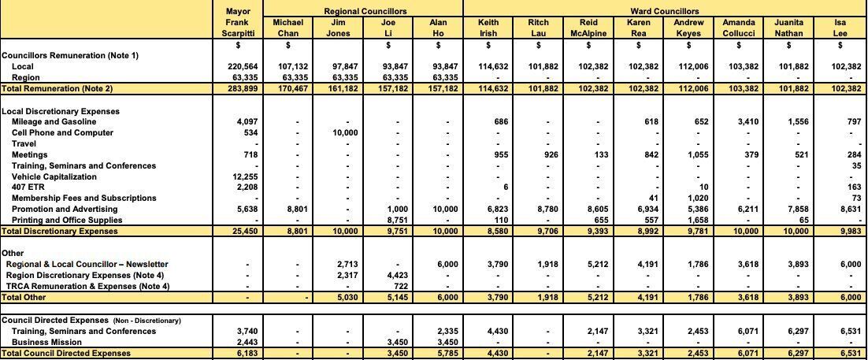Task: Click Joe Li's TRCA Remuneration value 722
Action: point(398,286)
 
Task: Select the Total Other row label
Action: point(23,297)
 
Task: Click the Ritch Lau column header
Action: point(538,28)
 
